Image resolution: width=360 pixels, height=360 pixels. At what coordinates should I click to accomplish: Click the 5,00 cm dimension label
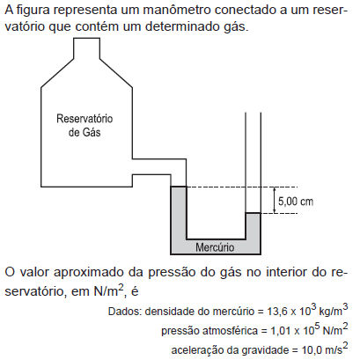coord(296,202)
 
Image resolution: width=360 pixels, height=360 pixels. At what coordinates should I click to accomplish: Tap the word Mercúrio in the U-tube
coord(215,247)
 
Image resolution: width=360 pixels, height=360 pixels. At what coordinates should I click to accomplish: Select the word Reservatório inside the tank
coord(84,119)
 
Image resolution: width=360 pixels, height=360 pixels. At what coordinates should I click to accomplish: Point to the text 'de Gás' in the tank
coord(84,132)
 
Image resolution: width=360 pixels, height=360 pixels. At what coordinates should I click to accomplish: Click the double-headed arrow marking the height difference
coord(275,200)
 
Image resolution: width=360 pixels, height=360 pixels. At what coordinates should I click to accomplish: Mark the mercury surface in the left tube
coord(179,187)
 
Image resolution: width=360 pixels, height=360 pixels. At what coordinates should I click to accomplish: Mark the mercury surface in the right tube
coord(253,213)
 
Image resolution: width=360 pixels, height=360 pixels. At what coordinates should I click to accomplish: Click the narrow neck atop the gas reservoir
coord(86,48)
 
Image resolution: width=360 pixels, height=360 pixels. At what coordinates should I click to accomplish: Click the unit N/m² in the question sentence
coord(107,290)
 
